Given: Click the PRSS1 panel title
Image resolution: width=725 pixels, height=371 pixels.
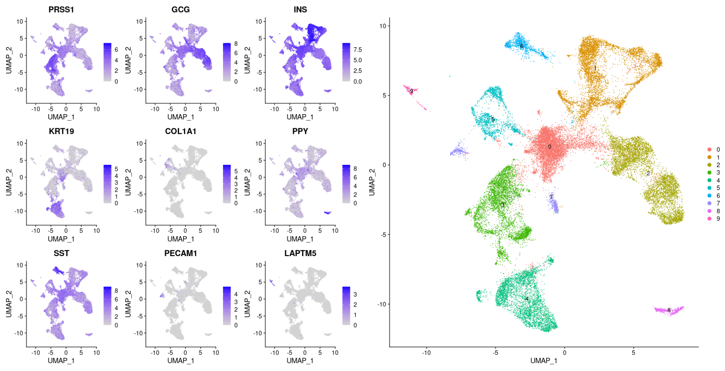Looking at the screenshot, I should point(61,10).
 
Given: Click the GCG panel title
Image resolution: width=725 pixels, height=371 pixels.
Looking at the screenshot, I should point(181,10).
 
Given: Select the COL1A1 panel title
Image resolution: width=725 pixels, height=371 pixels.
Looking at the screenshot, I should point(181,131).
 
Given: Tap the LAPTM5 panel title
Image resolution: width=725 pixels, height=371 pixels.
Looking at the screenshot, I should point(300,253).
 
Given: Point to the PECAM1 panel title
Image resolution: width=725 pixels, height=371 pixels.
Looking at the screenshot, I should point(181,253).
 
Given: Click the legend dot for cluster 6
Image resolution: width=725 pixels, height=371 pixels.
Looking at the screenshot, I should point(709,195).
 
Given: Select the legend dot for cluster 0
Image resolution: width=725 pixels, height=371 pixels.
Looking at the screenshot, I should point(709,150).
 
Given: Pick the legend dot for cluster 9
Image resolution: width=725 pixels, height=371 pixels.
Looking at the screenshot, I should point(709,219).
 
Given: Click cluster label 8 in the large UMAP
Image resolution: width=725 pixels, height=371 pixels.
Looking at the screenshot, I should point(669,310).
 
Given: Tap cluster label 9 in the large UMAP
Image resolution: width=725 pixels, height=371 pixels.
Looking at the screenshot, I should point(412,91).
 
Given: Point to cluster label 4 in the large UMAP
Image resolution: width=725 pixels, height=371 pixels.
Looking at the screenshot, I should point(527,299).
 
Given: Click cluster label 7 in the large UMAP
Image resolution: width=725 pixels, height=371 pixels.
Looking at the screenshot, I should point(551,197).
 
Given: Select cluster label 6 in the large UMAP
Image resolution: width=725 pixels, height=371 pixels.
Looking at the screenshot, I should point(522,46).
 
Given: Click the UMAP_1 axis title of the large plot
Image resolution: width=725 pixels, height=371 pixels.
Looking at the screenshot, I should point(544,361).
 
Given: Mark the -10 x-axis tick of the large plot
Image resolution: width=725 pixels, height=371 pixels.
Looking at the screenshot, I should point(426,353).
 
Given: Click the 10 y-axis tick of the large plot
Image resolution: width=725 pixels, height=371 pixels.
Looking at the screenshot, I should point(383,26).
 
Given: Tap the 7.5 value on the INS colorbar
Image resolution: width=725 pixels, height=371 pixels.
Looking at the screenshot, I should point(358,50).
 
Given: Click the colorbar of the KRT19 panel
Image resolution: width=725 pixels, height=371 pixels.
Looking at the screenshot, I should point(107,184).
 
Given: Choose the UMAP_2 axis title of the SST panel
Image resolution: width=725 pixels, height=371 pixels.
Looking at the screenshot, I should point(8,305).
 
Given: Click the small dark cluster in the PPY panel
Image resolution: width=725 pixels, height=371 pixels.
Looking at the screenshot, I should point(327,213).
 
